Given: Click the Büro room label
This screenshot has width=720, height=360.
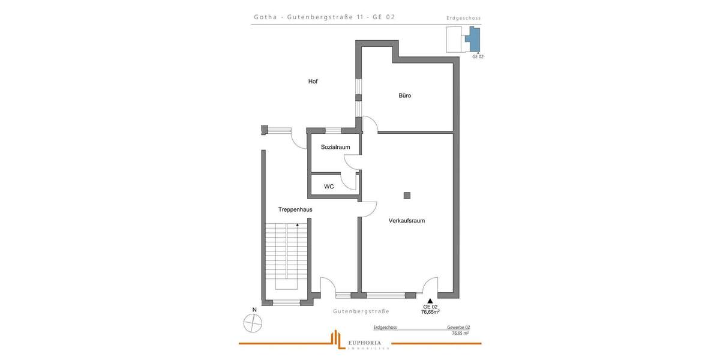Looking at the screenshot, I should (x=405, y=95).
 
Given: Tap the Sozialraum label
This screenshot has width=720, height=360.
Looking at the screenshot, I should (x=335, y=147).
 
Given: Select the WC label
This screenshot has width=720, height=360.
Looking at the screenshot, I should (x=329, y=187).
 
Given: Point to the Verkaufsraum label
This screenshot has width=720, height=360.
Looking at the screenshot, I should (x=407, y=221).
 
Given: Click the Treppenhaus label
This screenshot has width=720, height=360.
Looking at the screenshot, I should (x=295, y=210).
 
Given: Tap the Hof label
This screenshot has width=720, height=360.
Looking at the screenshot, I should (x=313, y=82).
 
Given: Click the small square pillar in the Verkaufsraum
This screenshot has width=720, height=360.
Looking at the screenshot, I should (x=407, y=195).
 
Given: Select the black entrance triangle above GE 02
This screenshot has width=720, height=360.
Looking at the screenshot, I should (x=430, y=301).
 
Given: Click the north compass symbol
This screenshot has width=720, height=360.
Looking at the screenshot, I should (x=253, y=323).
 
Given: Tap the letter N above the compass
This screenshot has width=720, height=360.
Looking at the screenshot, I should (x=254, y=310).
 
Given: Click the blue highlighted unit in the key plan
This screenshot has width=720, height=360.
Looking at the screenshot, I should (x=474, y=41).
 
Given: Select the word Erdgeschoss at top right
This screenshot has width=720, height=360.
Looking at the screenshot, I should (x=464, y=19).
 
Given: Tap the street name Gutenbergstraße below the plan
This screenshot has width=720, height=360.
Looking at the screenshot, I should (x=361, y=311).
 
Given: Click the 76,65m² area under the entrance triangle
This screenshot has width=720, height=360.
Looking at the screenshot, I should (x=430, y=312).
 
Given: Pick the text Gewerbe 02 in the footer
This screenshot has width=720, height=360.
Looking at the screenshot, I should (x=458, y=328).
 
